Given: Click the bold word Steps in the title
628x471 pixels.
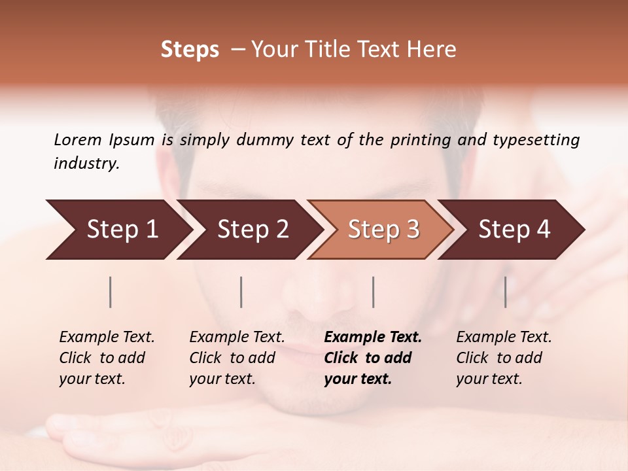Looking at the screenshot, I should click(190, 50).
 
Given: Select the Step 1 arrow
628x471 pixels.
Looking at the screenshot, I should click(118, 229).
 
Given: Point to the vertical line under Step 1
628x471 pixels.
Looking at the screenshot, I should click(111, 292).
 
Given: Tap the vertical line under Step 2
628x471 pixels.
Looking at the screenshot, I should click(241, 292).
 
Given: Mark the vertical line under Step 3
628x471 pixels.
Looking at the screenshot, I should click(374, 292).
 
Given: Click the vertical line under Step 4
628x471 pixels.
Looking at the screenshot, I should click(506, 292).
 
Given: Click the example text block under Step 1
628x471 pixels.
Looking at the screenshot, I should click(107, 358).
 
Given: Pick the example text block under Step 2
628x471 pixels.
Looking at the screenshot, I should click(237, 358).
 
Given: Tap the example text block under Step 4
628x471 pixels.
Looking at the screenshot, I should click(504, 358).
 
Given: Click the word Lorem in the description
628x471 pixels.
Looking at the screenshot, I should click(78, 140).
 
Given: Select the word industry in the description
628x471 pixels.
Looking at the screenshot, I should click(86, 164).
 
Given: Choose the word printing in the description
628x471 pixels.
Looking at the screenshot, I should click(420, 140).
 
